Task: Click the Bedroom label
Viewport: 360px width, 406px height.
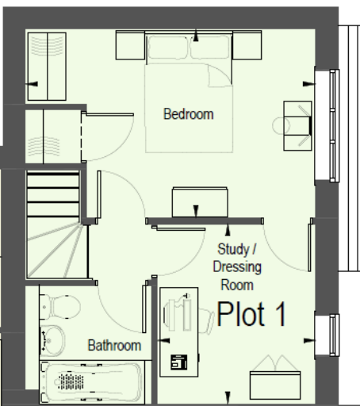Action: [x=189, y=114]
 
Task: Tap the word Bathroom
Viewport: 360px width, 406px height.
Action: [x=114, y=346]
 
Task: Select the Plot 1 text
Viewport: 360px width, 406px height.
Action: [x=251, y=314]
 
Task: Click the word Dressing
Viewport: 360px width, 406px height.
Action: [x=237, y=267]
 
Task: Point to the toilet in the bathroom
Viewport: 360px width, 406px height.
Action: [x=60, y=307]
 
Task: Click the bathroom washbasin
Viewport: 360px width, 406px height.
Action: [x=53, y=340]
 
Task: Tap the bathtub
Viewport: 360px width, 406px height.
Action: [x=92, y=382]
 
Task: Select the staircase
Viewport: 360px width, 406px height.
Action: [x=57, y=224]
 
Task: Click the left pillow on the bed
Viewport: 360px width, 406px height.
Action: [x=168, y=47]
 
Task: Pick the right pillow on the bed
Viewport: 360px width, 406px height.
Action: [x=209, y=47]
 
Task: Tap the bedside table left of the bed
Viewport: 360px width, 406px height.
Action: [x=130, y=45]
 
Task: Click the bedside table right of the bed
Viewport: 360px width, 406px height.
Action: [x=247, y=45]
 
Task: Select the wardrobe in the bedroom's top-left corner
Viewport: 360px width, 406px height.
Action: [x=47, y=67]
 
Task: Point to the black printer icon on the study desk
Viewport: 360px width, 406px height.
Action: [x=179, y=362]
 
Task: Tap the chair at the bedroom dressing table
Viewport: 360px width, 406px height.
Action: [x=281, y=125]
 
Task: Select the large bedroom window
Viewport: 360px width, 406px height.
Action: [x=327, y=125]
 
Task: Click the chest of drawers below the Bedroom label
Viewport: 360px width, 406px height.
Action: [x=200, y=202]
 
